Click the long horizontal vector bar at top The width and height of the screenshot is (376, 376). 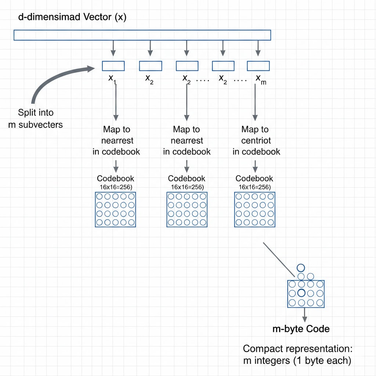142,35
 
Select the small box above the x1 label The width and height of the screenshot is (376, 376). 113,66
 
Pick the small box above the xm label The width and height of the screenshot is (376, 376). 258,66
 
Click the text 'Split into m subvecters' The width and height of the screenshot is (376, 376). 36,118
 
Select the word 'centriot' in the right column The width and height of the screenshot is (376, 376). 256,140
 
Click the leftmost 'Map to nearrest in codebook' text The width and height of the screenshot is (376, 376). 116,140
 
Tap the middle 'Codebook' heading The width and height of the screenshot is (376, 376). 187,178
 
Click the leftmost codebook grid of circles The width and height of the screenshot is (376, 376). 115,209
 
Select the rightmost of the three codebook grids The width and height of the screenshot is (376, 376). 254,209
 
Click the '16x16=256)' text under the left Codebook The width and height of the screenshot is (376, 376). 115,187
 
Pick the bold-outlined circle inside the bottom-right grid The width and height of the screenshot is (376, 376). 301,293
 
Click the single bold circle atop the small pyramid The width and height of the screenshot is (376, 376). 301,268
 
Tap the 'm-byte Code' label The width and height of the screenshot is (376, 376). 301,329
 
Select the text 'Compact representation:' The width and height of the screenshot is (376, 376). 300,348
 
